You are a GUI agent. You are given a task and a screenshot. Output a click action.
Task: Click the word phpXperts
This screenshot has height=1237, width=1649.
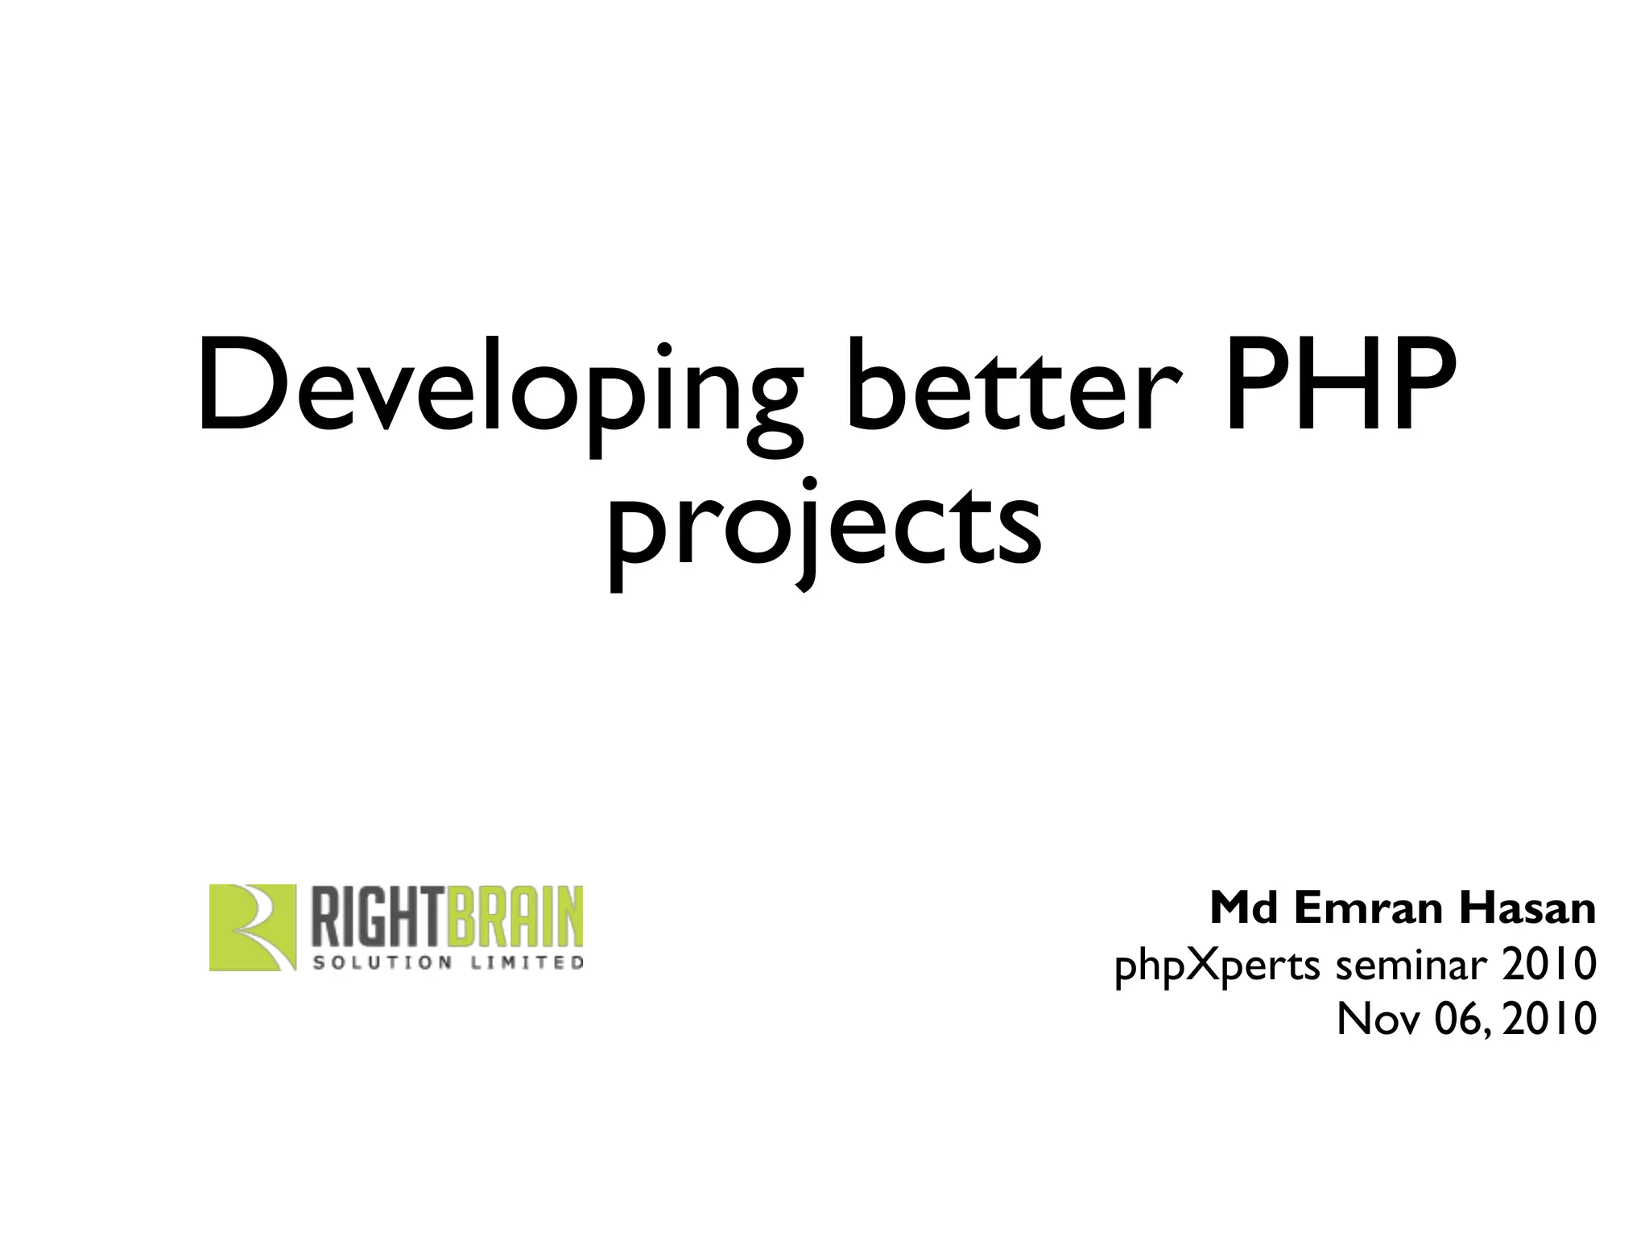[x=1217, y=966]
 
